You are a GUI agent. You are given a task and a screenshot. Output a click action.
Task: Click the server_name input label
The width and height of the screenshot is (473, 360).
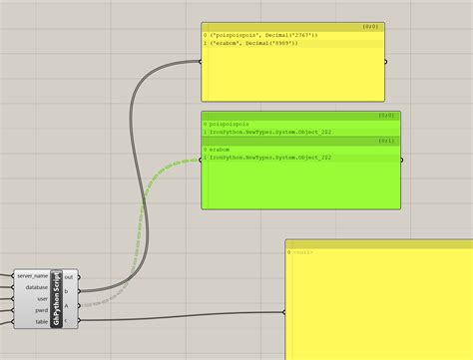point(33,274)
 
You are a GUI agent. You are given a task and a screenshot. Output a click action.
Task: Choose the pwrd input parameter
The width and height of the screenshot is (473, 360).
point(40,309)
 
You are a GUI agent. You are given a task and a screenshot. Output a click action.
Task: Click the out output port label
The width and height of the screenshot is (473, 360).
point(69,276)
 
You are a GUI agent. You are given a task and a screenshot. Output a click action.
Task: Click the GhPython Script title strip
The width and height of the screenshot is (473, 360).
point(57,298)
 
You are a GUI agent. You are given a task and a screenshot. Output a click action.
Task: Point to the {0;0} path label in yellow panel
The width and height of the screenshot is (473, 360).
point(369,27)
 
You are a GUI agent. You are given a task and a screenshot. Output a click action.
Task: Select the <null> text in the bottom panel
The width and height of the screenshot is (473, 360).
point(303,252)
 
